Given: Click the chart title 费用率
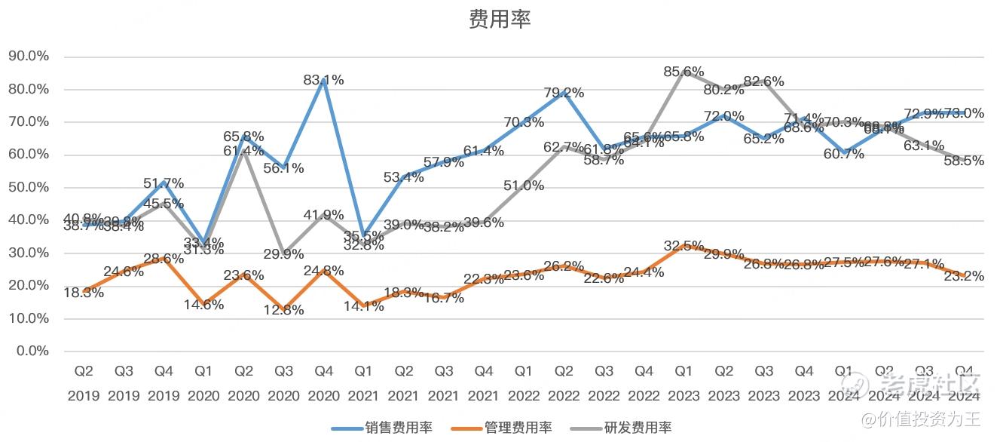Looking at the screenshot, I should click(x=500, y=20).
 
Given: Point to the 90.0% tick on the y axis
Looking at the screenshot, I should click(x=29, y=57).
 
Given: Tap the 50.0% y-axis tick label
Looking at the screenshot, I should click(x=29, y=187).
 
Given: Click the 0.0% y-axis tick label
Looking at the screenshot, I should click(x=32, y=351).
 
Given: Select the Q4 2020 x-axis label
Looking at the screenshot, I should click(x=323, y=383).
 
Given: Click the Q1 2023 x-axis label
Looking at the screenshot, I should click(x=683, y=383).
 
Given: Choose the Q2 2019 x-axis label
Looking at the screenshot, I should click(x=84, y=383).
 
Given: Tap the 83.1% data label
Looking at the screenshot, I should click(x=324, y=80).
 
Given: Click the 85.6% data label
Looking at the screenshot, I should click(x=683, y=72).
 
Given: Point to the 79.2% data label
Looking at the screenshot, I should click(x=564, y=93).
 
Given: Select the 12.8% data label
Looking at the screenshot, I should click(x=284, y=310).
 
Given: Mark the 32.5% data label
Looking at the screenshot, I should click(x=683, y=245).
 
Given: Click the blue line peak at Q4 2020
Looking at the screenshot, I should click(x=324, y=79).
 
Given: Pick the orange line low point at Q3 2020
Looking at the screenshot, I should click(x=284, y=309).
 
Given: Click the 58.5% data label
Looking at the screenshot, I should click(x=965, y=161).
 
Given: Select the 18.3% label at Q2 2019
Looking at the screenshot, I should click(x=84, y=293).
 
